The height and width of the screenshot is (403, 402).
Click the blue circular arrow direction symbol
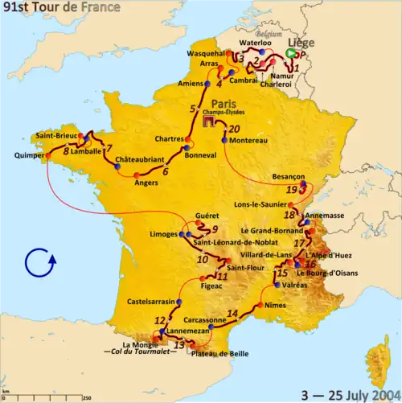point(39,263)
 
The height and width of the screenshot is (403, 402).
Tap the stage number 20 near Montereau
point(234,129)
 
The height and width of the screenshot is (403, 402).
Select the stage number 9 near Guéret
point(215,228)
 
